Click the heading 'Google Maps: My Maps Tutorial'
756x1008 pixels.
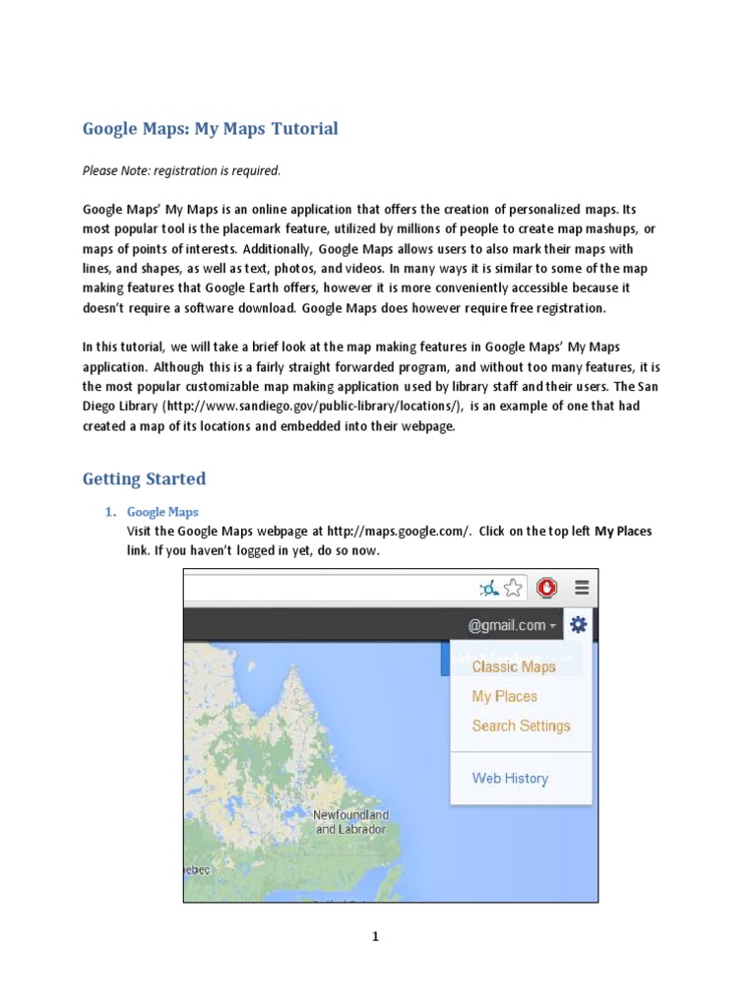(210, 128)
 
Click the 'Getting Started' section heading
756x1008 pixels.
(144, 479)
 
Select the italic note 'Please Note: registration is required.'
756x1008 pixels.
(181, 171)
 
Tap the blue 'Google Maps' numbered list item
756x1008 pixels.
(162, 512)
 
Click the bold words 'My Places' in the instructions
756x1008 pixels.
(623, 531)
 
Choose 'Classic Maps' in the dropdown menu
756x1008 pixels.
(513, 666)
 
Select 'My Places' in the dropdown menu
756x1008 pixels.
(504, 696)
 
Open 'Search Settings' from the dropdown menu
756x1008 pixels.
(521, 725)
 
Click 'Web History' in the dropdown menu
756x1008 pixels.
(510, 778)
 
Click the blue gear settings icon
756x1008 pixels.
(579, 624)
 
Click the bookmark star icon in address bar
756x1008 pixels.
(513, 589)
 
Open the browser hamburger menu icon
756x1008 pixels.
(582, 588)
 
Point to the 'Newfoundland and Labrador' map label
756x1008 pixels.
(351, 822)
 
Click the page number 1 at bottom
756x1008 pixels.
(375, 937)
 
